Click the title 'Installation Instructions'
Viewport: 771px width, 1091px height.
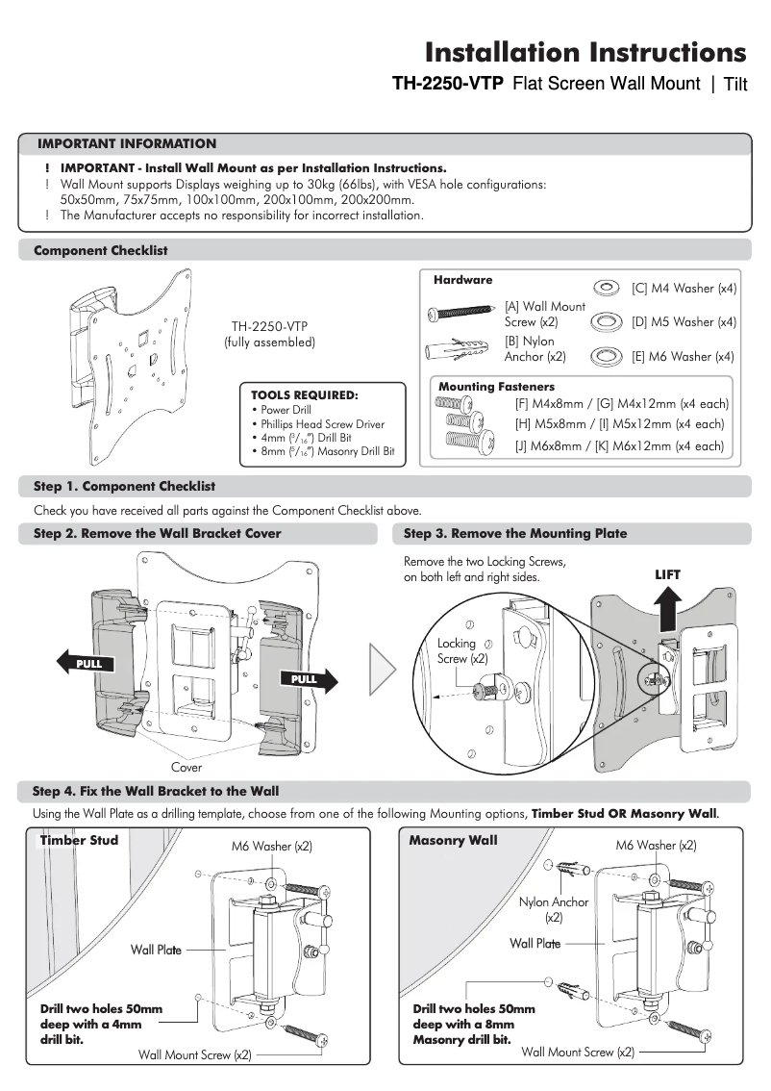point(584,51)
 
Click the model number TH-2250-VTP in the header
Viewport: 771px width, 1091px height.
point(447,85)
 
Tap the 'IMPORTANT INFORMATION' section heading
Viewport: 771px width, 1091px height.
point(127,144)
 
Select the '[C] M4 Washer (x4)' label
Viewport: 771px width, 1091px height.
point(684,289)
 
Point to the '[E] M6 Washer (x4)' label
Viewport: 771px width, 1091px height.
point(684,356)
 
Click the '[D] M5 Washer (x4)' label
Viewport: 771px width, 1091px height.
point(684,322)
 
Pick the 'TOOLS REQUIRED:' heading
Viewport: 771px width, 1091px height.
point(304,394)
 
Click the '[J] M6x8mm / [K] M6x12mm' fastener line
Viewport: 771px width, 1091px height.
point(619,446)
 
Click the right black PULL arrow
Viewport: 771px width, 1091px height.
point(310,678)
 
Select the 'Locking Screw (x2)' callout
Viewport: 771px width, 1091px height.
point(462,651)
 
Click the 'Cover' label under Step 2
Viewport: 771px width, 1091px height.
point(187,768)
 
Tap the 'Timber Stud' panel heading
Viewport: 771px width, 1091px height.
point(79,841)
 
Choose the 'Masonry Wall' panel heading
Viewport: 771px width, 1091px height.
point(453,841)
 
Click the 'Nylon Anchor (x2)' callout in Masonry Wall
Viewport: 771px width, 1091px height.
point(554,910)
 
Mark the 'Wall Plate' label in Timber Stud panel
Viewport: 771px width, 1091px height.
point(156,951)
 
